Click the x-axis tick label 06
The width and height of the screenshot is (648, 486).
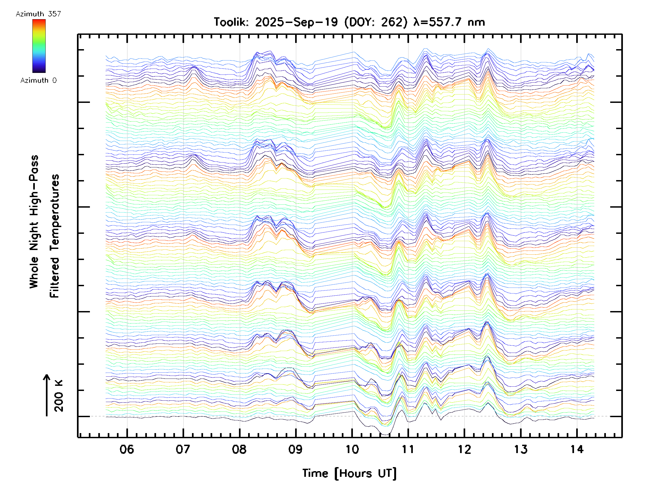click(x=127, y=449)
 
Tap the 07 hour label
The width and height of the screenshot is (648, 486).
click(x=183, y=449)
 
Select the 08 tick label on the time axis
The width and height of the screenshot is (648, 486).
click(x=239, y=449)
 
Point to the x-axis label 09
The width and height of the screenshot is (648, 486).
click(x=295, y=449)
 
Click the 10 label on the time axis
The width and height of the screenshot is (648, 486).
click(x=352, y=449)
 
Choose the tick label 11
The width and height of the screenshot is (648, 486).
click(x=408, y=449)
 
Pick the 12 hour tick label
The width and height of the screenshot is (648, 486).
click(x=464, y=449)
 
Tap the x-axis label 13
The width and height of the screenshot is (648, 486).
click(x=521, y=449)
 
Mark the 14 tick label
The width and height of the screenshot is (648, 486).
click(x=577, y=449)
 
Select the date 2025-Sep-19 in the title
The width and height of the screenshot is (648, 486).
click(x=296, y=22)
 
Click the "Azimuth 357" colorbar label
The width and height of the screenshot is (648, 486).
click(x=38, y=14)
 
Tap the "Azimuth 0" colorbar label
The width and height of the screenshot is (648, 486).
click(x=38, y=80)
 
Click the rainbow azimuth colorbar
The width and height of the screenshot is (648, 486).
click(x=39, y=46)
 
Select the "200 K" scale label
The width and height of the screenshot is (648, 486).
click(x=59, y=396)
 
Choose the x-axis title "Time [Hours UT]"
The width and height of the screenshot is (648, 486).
click(x=349, y=473)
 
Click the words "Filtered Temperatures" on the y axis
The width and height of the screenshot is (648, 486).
click(x=55, y=236)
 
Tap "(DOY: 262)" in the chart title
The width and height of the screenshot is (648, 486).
click(x=376, y=22)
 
